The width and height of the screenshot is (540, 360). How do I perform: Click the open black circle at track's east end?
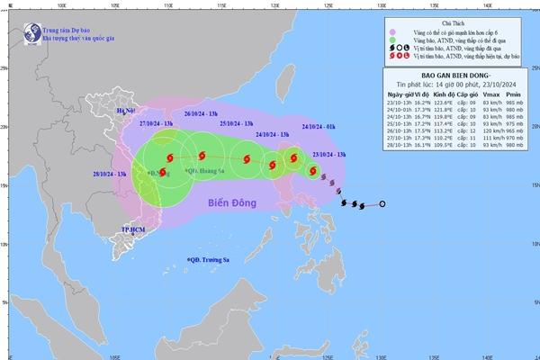click(x=382, y=205)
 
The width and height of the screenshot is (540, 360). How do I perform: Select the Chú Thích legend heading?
click(x=458, y=19)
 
